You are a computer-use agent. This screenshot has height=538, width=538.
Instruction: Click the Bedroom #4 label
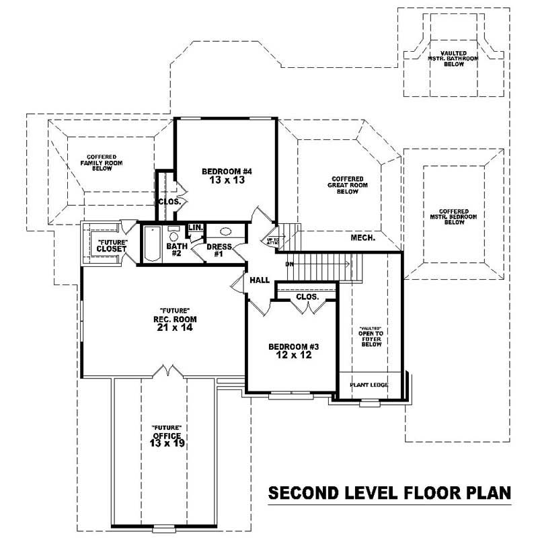226,171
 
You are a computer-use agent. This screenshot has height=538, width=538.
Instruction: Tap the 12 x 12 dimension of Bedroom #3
293,356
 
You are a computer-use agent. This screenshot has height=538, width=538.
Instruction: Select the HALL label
259,279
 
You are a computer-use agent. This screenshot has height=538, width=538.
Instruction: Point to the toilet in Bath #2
173,236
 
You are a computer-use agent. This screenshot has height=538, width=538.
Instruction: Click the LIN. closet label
196,228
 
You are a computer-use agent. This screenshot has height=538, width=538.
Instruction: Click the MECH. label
363,238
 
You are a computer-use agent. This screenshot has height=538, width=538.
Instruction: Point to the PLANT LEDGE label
369,385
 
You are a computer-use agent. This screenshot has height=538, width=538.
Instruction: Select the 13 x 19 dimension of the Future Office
166,445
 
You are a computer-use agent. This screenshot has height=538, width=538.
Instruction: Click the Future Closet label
112,245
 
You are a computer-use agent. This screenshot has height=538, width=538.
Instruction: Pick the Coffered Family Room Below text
96,163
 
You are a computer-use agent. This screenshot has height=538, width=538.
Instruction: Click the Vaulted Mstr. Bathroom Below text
450,63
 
